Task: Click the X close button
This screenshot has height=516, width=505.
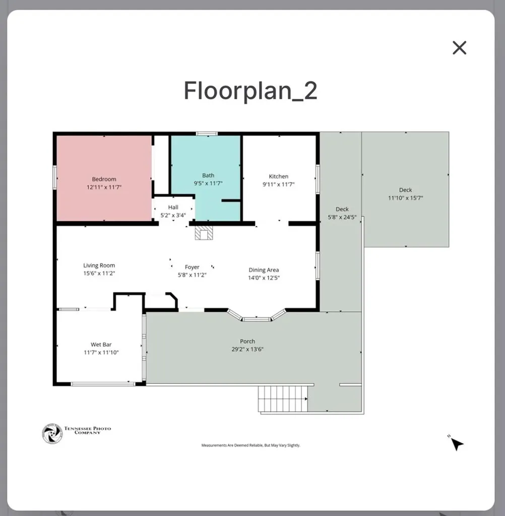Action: pos(459,48)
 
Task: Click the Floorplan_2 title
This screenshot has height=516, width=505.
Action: pos(250,91)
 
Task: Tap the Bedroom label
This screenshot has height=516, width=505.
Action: pos(104,179)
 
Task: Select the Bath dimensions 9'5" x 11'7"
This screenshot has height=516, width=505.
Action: pos(208,183)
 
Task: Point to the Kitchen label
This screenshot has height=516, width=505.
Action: pos(279,176)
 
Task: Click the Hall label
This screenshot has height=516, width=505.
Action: pos(173,207)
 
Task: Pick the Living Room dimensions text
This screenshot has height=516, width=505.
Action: pos(99,273)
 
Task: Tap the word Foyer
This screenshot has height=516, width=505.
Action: pos(192,267)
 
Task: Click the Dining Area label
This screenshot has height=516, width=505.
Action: pos(264,270)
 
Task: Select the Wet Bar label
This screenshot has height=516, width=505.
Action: pos(101,345)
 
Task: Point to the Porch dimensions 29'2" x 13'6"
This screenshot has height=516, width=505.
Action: pos(247,349)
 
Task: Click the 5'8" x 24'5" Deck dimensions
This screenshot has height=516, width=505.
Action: pos(342,217)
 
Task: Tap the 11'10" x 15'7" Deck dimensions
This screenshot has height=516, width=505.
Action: pos(406,198)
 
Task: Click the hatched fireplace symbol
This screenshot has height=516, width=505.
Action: pos(204,233)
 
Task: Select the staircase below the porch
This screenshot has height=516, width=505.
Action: pos(283,399)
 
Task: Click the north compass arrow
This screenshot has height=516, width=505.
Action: pos(457,444)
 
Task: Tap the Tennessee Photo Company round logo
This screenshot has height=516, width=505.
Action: pos(52,434)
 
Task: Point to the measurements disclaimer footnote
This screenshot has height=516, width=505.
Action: pos(251,445)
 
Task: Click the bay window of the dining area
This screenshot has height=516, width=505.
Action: pos(257,315)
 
